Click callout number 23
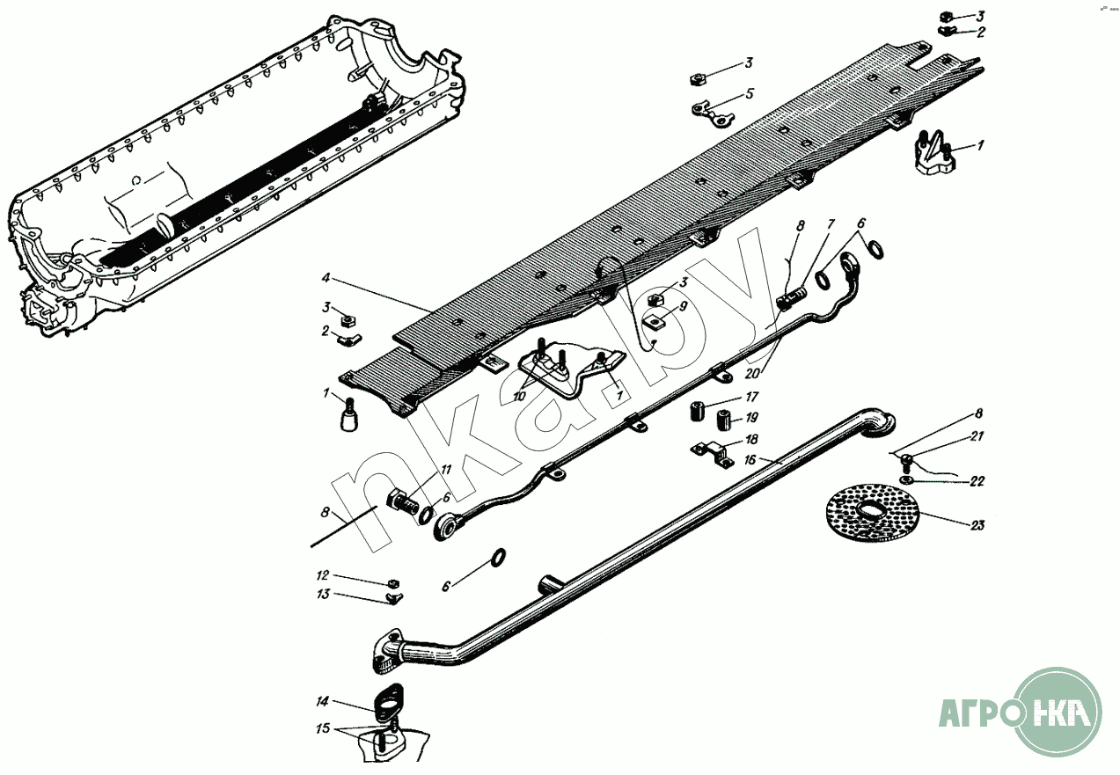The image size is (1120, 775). (977, 525)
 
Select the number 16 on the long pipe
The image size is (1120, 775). (750, 459)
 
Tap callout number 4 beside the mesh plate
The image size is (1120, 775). (326, 278)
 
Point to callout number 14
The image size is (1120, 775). (322, 702)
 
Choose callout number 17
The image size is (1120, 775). (751, 397)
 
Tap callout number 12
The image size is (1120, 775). (323, 575)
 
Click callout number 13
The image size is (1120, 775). (323, 595)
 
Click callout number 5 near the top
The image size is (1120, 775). (750, 92)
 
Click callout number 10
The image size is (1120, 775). (520, 397)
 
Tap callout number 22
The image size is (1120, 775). (977, 481)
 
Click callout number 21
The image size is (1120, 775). (977, 436)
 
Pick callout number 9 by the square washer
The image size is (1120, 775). (683, 308)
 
